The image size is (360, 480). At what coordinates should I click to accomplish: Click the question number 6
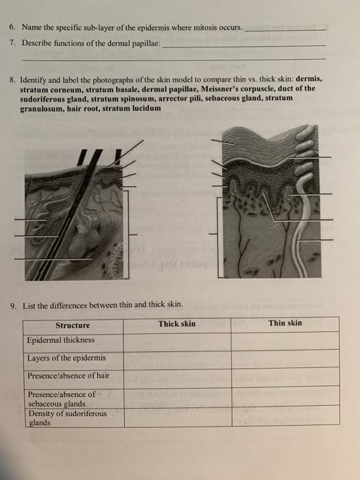click(x=12, y=27)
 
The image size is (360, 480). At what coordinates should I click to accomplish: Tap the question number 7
click(x=12, y=42)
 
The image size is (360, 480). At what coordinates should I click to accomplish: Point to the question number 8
click(x=12, y=79)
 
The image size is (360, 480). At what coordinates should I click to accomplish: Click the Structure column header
click(x=73, y=325)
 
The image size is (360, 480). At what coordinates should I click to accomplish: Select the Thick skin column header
click(x=176, y=324)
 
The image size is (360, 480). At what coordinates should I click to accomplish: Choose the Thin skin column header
click(x=285, y=323)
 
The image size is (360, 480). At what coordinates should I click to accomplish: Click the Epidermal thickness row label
click(x=61, y=340)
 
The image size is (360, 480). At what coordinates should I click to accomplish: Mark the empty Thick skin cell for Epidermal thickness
click(x=176, y=341)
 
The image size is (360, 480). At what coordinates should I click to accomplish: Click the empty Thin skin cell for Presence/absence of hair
click(x=285, y=376)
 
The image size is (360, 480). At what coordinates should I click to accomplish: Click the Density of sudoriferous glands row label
click(x=67, y=418)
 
